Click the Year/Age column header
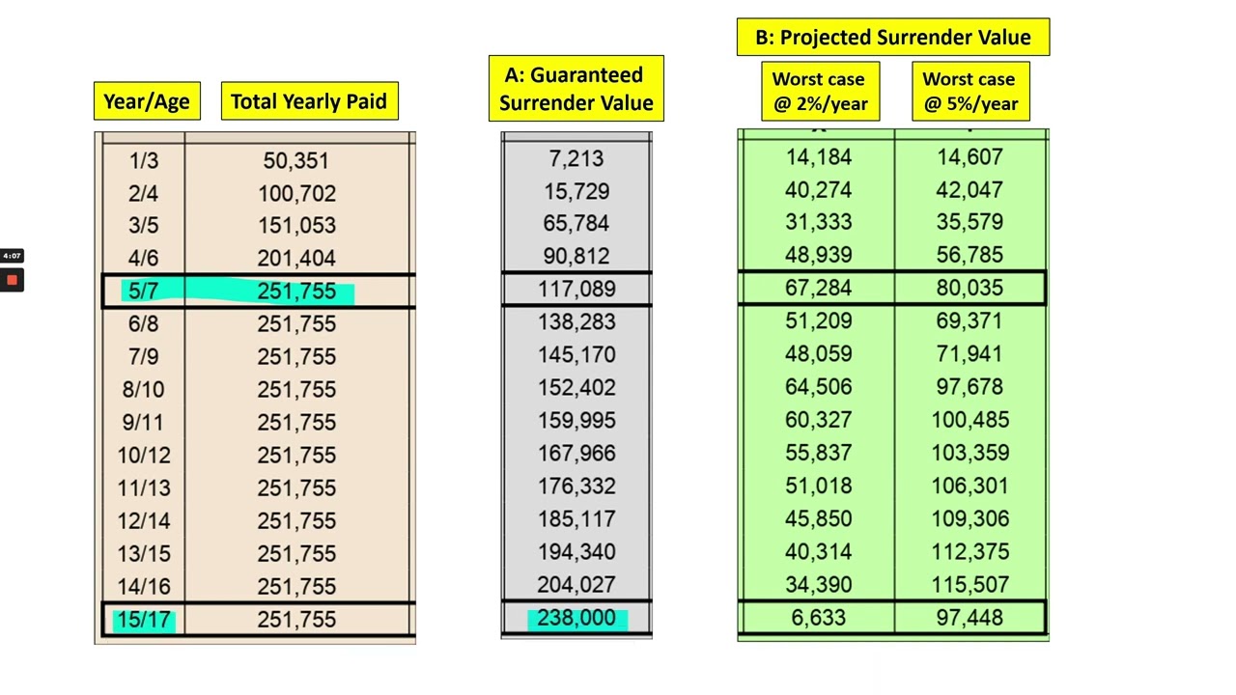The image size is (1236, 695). [x=147, y=101]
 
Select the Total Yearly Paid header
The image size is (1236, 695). [x=309, y=101]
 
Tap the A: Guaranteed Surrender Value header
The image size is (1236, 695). [x=576, y=89]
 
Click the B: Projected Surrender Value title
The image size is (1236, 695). [x=892, y=38]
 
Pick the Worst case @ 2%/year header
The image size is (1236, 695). [x=819, y=92]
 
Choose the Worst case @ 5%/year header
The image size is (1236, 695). [x=969, y=92]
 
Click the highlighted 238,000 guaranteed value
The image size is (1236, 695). [x=576, y=618]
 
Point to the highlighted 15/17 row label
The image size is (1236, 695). [x=143, y=620]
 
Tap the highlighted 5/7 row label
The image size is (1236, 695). [x=143, y=291]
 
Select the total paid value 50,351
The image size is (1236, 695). [x=296, y=160]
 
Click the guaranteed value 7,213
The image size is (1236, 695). [x=576, y=158]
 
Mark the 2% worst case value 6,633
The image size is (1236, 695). [x=819, y=618]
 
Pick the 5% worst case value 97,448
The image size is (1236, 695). [x=969, y=618]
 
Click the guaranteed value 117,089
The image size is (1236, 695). [x=576, y=289]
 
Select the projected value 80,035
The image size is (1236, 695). [x=969, y=288]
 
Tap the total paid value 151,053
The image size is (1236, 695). [x=296, y=225]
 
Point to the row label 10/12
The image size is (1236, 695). [x=143, y=455]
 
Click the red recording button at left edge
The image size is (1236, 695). [x=12, y=280]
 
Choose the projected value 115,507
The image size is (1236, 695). [x=969, y=585]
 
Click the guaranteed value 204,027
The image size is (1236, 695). [x=576, y=585]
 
